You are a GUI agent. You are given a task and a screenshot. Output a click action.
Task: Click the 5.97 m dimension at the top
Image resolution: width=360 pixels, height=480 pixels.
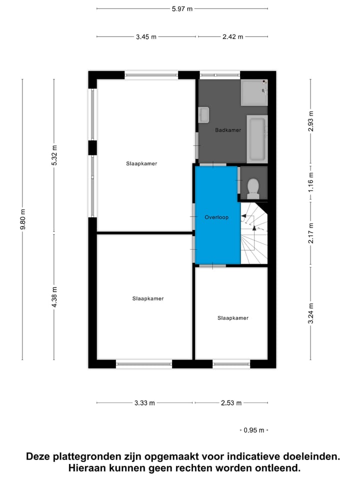[x=182, y=8]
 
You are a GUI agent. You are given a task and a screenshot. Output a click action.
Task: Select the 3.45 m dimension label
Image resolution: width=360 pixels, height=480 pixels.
[x=146, y=36]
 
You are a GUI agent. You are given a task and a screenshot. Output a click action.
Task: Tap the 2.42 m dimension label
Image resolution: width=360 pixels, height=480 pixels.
[x=232, y=36]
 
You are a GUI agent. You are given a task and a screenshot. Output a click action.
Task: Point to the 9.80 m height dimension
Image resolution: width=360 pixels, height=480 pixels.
[x=22, y=219]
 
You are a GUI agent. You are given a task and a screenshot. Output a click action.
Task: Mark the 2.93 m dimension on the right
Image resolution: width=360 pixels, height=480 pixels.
[x=310, y=121]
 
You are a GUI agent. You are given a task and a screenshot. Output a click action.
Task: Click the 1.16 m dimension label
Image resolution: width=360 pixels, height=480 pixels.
[x=310, y=182]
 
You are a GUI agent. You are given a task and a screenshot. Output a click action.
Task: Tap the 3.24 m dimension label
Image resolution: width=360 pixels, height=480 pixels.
[x=310, y=313]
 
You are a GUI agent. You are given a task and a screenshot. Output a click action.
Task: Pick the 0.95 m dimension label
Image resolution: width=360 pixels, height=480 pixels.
[x=253, y=430]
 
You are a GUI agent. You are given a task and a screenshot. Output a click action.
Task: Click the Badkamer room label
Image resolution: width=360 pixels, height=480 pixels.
[x=228, y=130]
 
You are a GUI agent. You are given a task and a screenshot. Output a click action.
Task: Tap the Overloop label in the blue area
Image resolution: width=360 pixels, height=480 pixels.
[x=216, y=217]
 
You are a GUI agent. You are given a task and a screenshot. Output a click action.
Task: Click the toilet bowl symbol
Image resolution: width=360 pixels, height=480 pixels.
[x=253, y=187]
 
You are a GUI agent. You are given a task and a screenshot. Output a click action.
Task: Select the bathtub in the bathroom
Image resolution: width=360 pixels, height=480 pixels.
[x=257, y=138]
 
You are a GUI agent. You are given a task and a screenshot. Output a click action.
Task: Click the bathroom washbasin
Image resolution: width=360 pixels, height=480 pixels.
[x=204, y=114]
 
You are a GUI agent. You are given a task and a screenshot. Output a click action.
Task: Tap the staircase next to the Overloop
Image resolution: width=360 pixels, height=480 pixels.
[x=254, y=232]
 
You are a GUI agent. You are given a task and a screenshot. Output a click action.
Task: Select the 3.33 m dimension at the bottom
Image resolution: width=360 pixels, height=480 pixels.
[x=144, y=403]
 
